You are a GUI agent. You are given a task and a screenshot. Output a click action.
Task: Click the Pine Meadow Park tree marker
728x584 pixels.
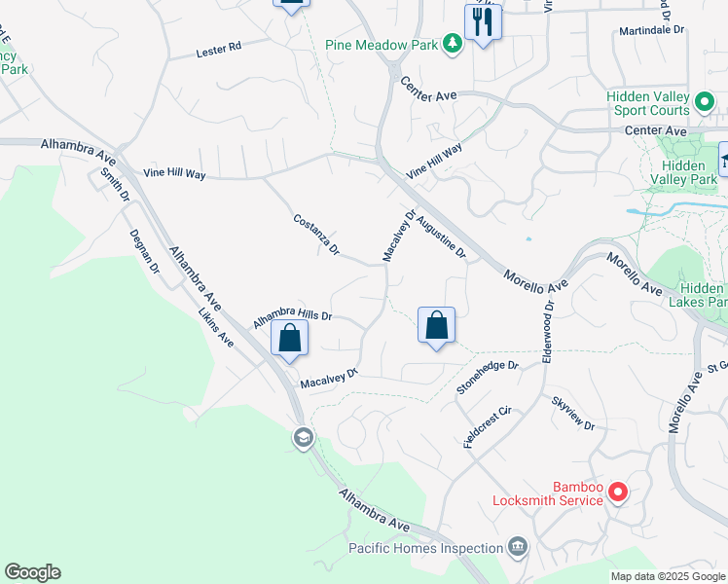coord(452,44)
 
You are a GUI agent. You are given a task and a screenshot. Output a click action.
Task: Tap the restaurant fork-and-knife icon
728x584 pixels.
coord(483,20)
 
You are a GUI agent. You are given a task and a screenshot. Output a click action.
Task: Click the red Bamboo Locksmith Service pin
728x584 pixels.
coord(617,493)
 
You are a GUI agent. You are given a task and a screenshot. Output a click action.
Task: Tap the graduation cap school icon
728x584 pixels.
coord(304,439)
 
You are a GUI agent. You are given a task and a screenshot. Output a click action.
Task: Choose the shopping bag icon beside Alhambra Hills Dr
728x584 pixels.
coord(289,339)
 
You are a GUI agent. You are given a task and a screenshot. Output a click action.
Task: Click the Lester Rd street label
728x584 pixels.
coord(218,50)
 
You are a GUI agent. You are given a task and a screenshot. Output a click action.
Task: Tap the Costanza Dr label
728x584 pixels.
coord(316,235)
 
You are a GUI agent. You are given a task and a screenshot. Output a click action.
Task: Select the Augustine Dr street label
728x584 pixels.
coord(442,238)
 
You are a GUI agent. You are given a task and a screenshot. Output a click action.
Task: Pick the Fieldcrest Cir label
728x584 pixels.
coord(488,426)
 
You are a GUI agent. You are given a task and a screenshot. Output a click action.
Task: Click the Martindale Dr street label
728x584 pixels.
coord(652,31)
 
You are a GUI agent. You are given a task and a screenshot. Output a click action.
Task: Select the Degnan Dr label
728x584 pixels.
coord(144,251)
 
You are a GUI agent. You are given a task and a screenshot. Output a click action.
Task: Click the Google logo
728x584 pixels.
coord(32,572)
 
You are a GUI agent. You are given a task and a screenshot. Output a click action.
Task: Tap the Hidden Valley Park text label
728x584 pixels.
coord(682,172)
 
